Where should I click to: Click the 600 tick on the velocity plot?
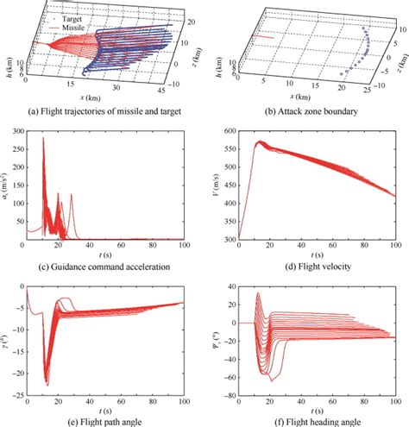[x=228, y=130]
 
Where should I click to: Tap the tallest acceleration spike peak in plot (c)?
[x=43, y=138]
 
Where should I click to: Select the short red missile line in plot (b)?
[x=265, y=37]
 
